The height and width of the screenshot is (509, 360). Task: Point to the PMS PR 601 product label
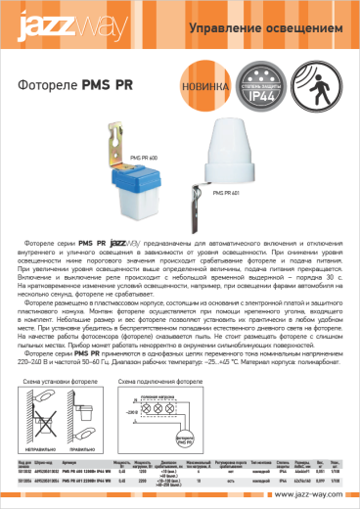[x=229, y=194]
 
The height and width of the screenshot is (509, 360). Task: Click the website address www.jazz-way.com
[x=312, y=495]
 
